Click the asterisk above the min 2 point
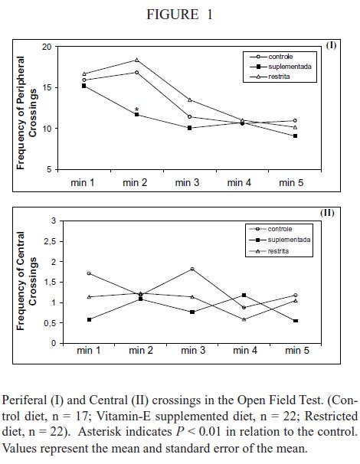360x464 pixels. click(136, 109)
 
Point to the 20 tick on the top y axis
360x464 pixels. click(47, 47)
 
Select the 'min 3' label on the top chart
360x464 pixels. click(188, 183)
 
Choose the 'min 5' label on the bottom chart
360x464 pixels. click(296, 351)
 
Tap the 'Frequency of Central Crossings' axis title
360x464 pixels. click(27, 281)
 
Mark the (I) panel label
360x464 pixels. click(331, 45)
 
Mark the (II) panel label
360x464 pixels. click(328, 212)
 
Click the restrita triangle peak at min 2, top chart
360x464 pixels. click(136, 60)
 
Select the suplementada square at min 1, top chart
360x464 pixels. click(83, 86)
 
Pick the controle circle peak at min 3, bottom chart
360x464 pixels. click(191, 269)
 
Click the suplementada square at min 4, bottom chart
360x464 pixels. click(244, 295)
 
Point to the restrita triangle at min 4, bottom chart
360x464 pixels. click(244, 319)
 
